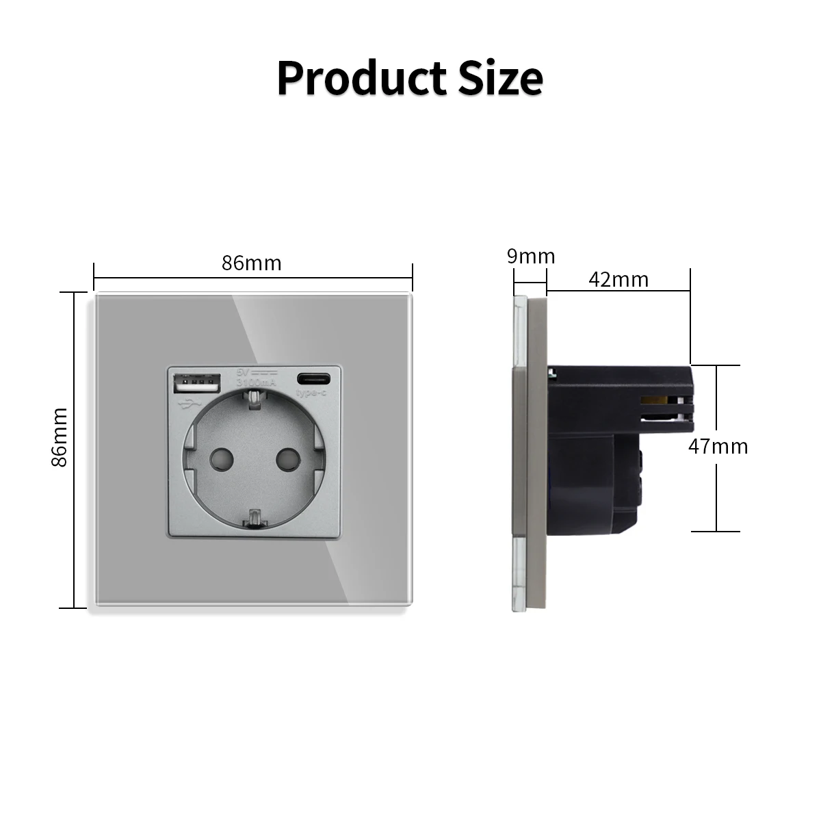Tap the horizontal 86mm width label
pos(251,263)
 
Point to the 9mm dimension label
pos(530,257)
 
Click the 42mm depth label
pos(618,279)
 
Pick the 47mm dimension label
pos(718,447)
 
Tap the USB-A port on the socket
pos(199,383)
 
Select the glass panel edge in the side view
pos(519,452)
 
